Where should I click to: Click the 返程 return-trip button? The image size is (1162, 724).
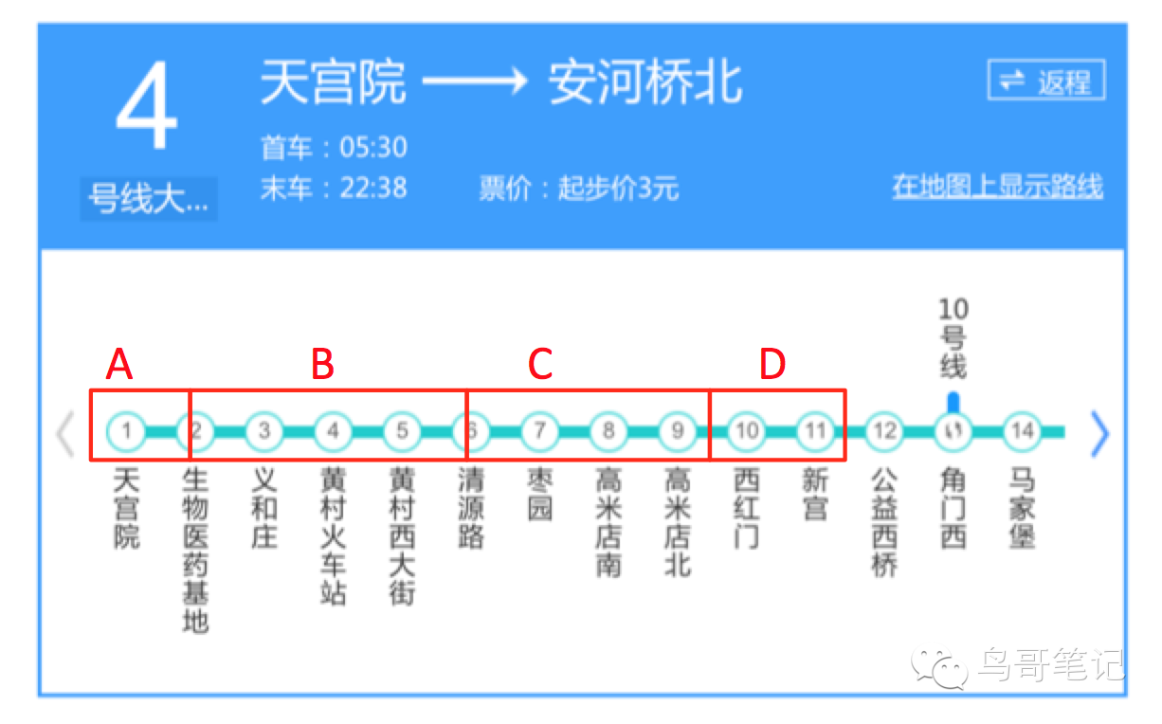[1046, 81]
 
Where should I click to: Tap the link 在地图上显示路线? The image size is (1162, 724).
[997, 187]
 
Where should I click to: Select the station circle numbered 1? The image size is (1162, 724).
[126, 431]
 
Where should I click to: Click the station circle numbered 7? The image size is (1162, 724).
[539, 431]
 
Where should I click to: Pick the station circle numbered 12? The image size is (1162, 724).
[884, 431]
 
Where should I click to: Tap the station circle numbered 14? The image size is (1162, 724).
[1022, 431]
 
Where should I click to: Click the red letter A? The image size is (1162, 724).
[118, 364]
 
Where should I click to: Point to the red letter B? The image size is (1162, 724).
[323, 364]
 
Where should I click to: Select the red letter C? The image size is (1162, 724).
[539, 364]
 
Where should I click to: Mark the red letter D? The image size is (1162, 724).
[772, 364]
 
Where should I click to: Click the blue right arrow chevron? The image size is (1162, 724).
[1099, 434]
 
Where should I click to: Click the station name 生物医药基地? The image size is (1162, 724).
[195, 550]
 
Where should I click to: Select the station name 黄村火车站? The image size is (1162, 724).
[333, 535]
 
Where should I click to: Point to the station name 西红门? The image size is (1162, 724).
[747, 507]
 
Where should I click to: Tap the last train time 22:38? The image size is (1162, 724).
[373, 188]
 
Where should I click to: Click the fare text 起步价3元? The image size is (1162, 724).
[618, 189]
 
